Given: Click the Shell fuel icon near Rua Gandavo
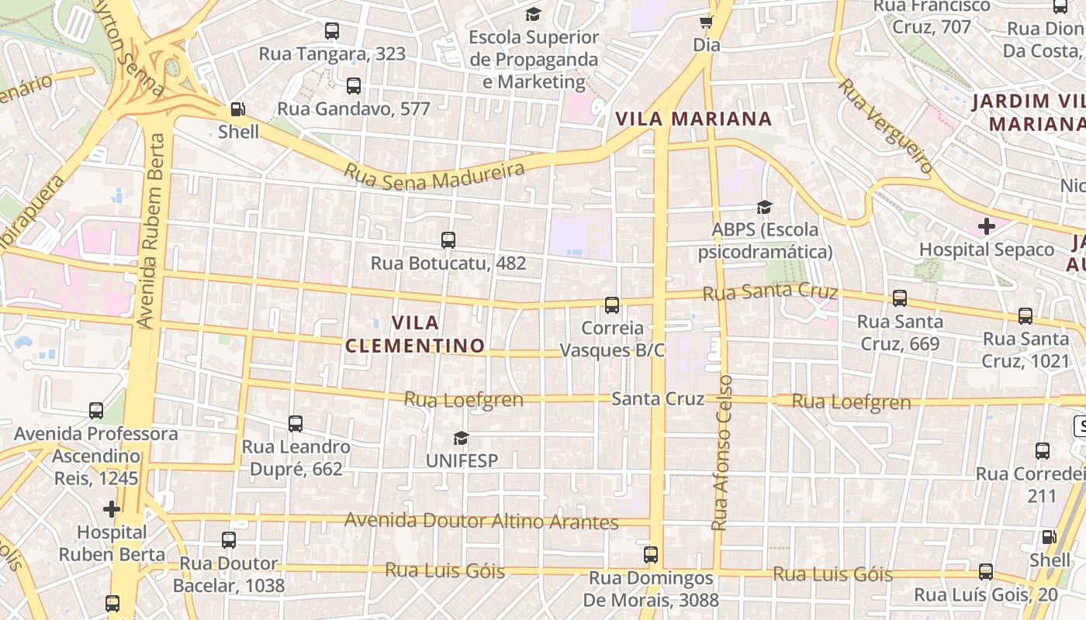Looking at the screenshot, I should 238,110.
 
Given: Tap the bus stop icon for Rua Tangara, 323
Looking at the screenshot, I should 332,31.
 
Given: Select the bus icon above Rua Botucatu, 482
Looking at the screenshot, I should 448,240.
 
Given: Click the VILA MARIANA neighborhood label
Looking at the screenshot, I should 693,119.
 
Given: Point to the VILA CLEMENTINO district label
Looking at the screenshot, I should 415,334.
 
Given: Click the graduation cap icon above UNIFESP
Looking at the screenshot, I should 462,438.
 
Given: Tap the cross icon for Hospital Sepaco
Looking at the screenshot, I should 986,226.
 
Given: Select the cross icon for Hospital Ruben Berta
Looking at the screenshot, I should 112,509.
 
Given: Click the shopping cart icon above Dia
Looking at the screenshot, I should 706,22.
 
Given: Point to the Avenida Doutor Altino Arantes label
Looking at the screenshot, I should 481,521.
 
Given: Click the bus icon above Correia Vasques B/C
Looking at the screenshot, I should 612,305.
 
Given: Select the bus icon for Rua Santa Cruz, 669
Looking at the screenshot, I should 900,298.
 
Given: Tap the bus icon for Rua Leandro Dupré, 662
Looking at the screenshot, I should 295,424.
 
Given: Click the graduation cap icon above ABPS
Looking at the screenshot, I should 764,207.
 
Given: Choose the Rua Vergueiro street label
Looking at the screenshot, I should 885,126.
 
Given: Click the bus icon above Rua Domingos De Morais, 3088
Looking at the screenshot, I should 651,555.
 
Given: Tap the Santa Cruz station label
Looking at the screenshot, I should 658,398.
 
